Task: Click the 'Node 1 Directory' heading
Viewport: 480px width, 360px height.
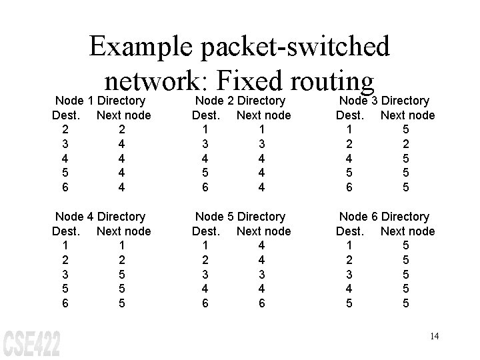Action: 100,101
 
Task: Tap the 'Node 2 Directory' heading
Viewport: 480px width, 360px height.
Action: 240,101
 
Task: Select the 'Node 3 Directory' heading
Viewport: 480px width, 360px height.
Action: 385,101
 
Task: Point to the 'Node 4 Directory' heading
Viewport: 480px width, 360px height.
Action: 100,217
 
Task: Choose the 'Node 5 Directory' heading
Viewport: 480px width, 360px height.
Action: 240,217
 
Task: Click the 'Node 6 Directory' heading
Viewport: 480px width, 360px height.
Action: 385,217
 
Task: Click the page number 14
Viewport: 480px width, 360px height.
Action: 434,336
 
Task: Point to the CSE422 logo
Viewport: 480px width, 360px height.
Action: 32,343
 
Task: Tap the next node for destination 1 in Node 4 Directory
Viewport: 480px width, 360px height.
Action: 122,246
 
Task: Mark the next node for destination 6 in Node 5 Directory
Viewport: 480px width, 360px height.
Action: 262,303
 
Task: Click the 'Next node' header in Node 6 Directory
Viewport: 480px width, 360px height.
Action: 407,231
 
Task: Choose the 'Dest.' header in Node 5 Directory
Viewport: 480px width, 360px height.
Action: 206,231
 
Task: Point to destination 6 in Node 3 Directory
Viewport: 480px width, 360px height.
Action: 349,187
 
